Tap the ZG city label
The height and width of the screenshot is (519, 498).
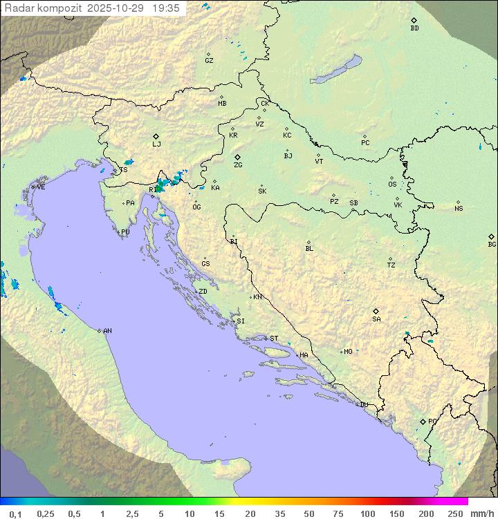[x=238, y=166]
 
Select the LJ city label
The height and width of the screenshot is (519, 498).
[x=156, y=144]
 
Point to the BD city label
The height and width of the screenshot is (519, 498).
[x=414, y=28]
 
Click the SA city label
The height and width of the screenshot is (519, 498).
[x=376, y=319]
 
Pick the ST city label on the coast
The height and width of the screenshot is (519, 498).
[x=274, y=339]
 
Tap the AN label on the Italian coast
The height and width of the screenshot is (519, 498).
[x=107, y=331]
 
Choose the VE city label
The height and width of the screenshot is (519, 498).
[x=41, y=187]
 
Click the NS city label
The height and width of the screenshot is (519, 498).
[x=459, y=209]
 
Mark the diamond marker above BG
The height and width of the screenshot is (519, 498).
[x=492, y=236]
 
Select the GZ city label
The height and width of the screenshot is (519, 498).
[x=209, y=61]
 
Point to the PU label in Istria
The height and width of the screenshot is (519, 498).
[x=125, y=232]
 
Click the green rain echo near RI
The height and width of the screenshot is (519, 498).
[x=161, y=186]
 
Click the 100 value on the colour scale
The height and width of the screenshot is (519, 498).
[x=367, y=513]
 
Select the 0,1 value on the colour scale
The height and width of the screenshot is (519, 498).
[x=15, y=513]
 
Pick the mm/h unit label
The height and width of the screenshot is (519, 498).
[x=481, y=513]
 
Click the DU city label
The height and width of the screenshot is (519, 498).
[x=363, y=405]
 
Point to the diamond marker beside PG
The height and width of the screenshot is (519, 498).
[x=423, y=422]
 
